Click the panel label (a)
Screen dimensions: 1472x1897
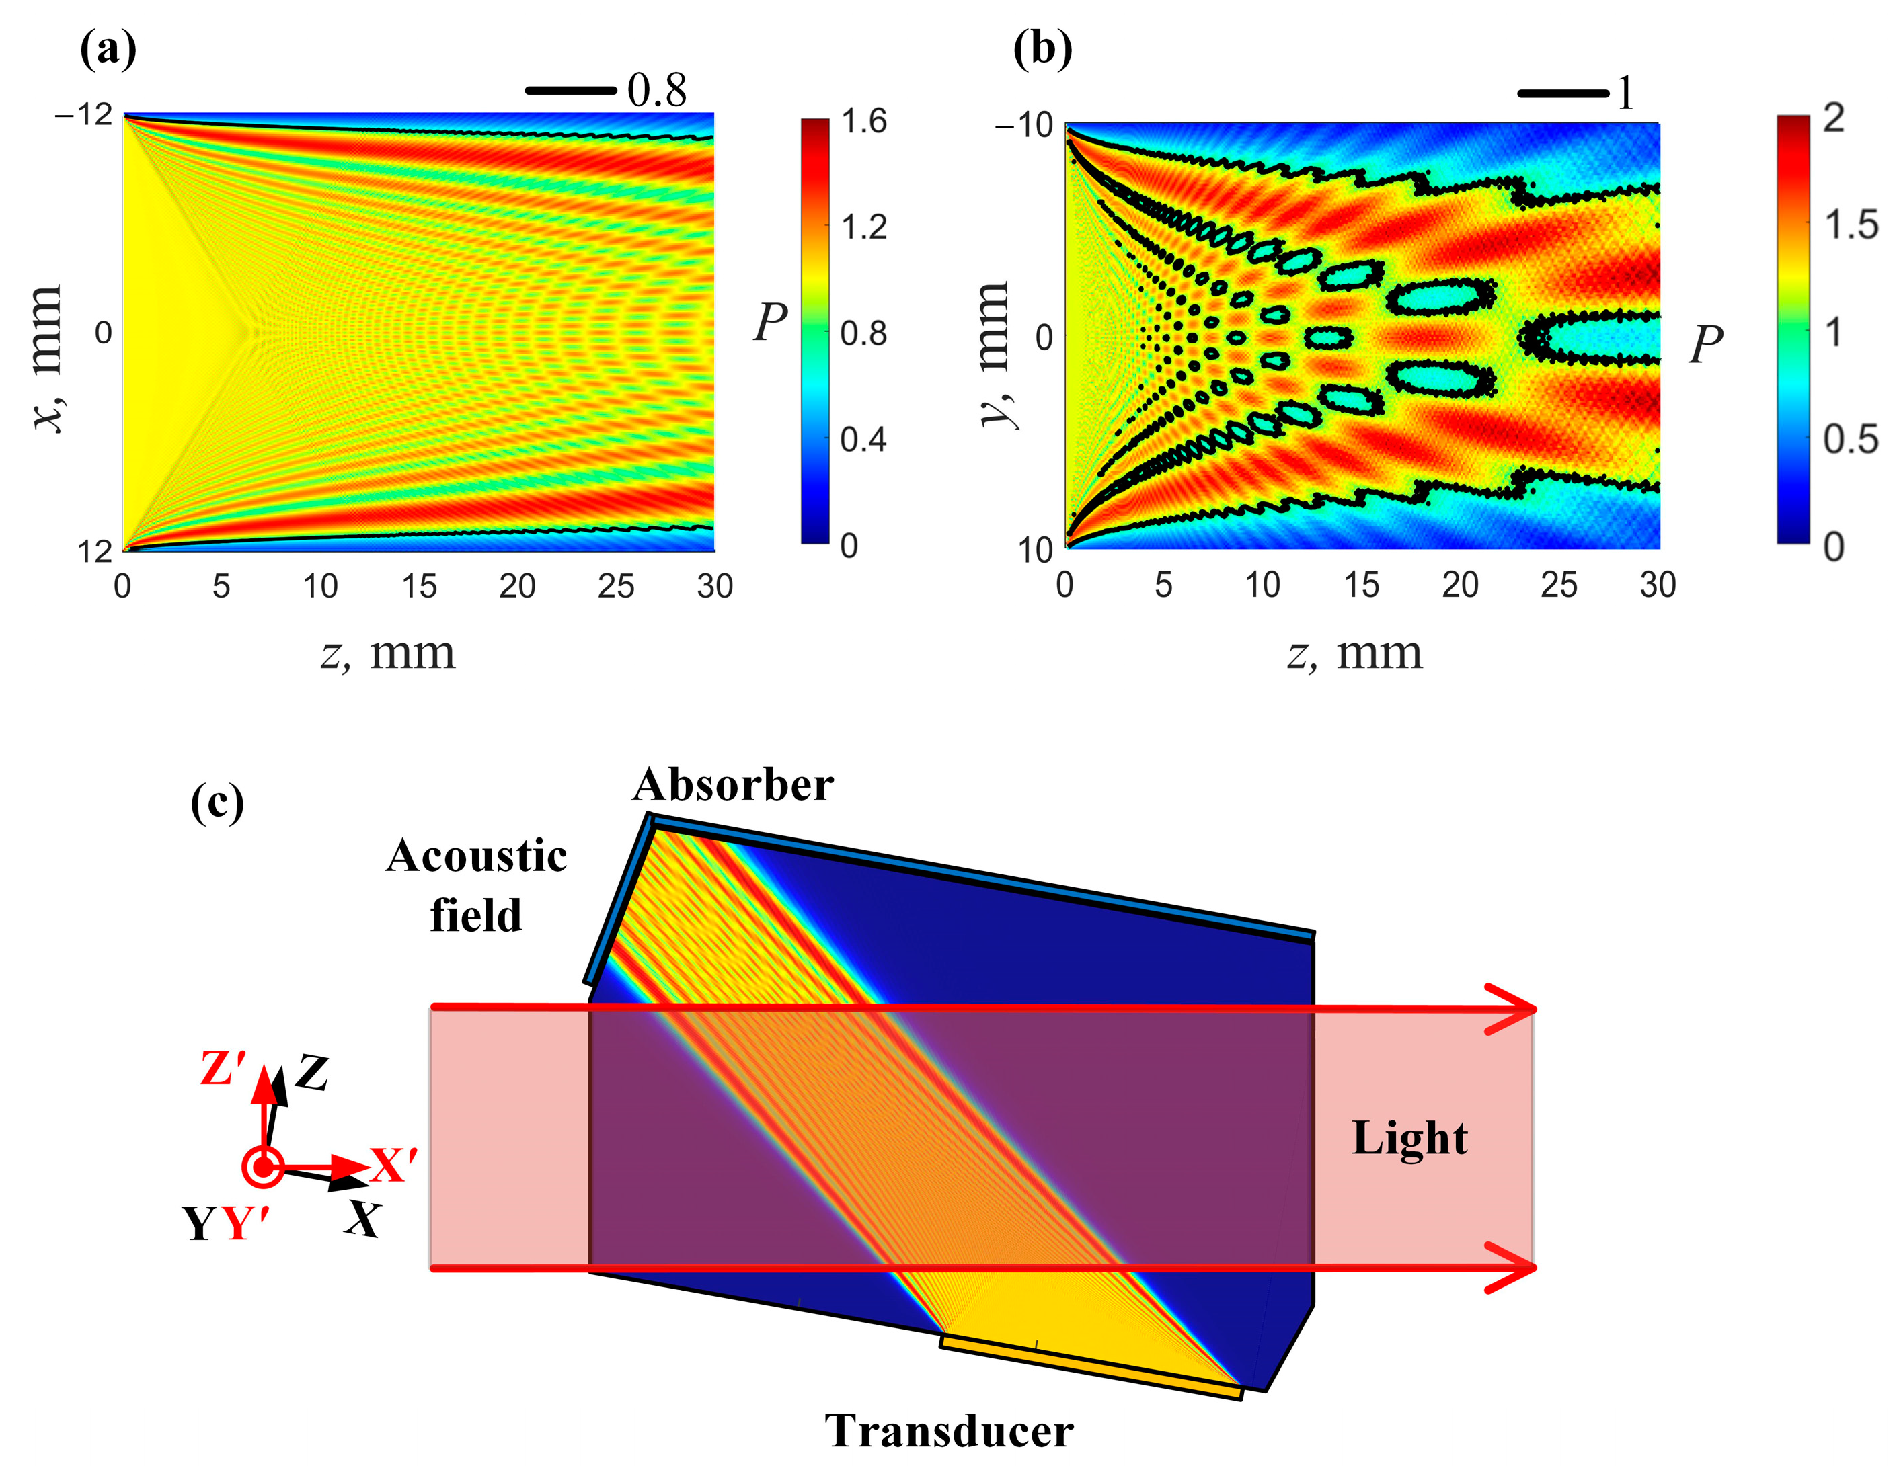(x=108, y=50)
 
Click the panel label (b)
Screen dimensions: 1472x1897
(x=1042, y=50)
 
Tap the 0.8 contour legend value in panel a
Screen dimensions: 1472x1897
(x=656, y=90)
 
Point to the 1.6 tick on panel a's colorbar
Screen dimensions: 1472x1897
(x=863, y=122)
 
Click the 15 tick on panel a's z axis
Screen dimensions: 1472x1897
(x=419, y=587)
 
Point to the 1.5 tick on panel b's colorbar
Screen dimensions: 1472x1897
(x=1850, y=226)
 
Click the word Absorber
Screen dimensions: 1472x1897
(x=732, y=785)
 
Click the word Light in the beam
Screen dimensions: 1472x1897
(x=1409, y=1139)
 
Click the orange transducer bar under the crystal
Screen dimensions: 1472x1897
(x=1090, y=1368)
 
